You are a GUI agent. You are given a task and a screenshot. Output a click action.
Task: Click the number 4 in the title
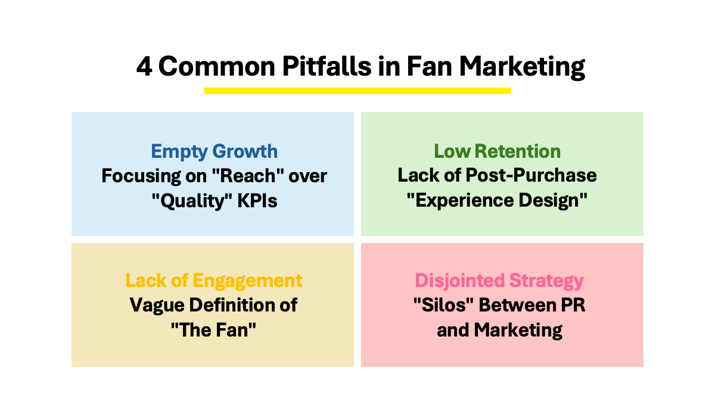144,67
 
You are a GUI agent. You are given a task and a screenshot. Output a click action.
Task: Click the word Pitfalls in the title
327,66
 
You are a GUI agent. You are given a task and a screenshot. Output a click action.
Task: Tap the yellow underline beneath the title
357,91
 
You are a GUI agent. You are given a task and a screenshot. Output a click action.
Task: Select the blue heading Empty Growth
214,151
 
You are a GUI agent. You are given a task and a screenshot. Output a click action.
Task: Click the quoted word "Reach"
248,176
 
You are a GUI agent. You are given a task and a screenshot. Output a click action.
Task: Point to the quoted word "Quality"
192,201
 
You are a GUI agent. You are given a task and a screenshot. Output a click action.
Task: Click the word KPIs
257,201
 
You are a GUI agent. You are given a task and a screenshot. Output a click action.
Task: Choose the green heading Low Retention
498,151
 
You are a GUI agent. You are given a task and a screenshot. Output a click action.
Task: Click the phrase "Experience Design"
497,201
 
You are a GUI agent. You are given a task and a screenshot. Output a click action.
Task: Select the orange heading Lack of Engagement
214,281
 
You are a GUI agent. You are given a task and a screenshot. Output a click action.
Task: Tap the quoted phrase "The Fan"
213,330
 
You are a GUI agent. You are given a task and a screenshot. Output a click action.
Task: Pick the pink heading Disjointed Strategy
499,281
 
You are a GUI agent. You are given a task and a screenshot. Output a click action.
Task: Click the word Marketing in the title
522,67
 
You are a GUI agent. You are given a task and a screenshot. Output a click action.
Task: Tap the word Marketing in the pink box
518,330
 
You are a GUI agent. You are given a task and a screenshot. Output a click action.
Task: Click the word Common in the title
217,66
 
